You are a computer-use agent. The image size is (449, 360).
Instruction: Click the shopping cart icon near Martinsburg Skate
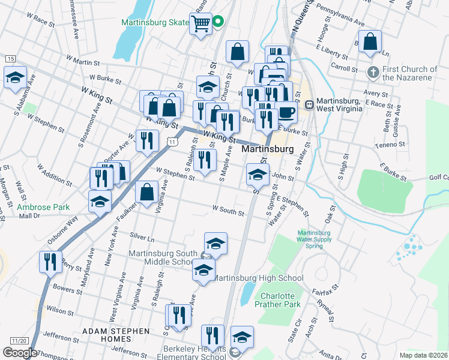click(201, 24)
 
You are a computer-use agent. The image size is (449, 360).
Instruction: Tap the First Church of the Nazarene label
click(409, 73)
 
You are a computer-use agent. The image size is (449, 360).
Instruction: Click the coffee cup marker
click(286, 112)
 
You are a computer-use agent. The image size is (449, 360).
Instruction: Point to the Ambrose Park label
click(43, 207)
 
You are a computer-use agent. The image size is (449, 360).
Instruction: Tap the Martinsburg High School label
click(258, 278)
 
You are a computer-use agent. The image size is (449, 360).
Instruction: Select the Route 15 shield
click(11, 58)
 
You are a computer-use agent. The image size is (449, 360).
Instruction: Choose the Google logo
click(20, 353)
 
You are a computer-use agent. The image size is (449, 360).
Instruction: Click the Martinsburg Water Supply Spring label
click(315, 239)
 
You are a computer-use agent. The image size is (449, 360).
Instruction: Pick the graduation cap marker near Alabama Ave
click(15, 77)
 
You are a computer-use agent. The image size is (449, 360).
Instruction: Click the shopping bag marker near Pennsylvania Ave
click(370, 42)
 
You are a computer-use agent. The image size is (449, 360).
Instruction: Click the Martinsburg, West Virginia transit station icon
click(310, 104)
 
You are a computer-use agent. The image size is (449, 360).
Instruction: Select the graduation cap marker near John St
click(258, 175)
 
